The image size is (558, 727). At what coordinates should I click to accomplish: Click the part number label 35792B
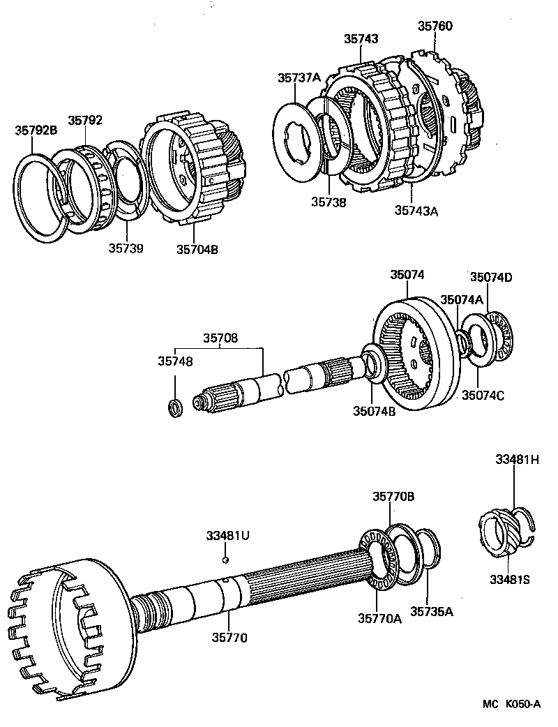point(37,130)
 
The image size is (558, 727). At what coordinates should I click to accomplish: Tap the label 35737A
point(299,78)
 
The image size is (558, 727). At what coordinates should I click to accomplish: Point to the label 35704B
point(197,248)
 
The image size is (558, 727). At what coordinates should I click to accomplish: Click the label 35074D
point(490,277)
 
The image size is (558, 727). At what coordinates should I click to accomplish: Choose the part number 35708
point(220,338)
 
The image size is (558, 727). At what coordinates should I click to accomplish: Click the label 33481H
point(518,460)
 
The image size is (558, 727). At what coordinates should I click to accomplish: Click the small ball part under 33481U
point(225,559)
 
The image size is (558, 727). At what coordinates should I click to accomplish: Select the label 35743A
point(416,209)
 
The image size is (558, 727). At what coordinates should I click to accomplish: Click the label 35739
point(126,248)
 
